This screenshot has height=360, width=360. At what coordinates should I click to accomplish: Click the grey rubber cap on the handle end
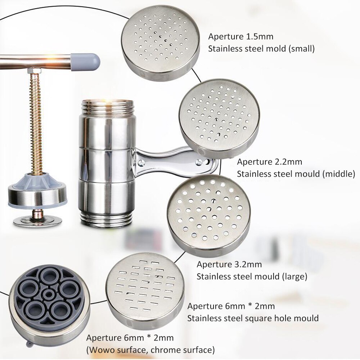coord(85,62)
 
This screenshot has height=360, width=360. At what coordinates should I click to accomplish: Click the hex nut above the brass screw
coord(34,71)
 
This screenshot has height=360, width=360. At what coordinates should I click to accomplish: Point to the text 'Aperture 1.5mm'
coord(240,37)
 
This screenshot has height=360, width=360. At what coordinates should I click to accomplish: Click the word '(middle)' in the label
coord(338,174)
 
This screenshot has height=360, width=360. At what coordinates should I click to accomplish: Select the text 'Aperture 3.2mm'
coord(229,265)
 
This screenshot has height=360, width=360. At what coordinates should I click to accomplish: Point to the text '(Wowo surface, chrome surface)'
coord(150,350)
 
